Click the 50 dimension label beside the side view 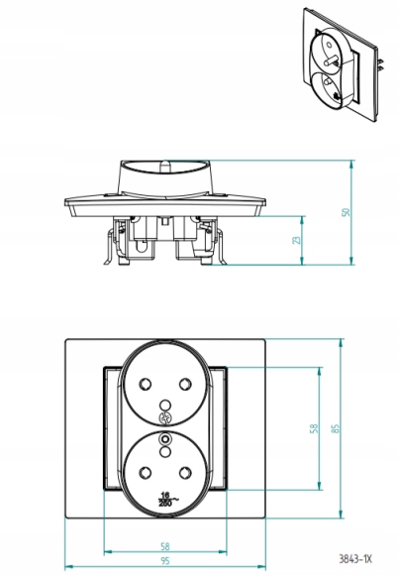tap(346, 212)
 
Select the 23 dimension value tap(296, 240)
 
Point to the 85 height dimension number tap(336, 428)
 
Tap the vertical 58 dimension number tap(314, 428)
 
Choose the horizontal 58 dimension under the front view tap(165, 546)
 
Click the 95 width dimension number tap(165, 561)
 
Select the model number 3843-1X tap(355, 559)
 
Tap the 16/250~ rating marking tap(167, 499)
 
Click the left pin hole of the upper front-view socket tap(146, 385)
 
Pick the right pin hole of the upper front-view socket tap(185, 385)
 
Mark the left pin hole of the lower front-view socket tap(146, 472)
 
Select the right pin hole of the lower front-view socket tap(185, 472)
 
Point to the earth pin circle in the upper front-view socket tap(165, 405)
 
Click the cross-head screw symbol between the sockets tap(165, 418)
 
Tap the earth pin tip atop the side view tap(165, 164)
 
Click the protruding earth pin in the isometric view tap(333, 59)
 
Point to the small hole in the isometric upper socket tap(329, 45)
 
